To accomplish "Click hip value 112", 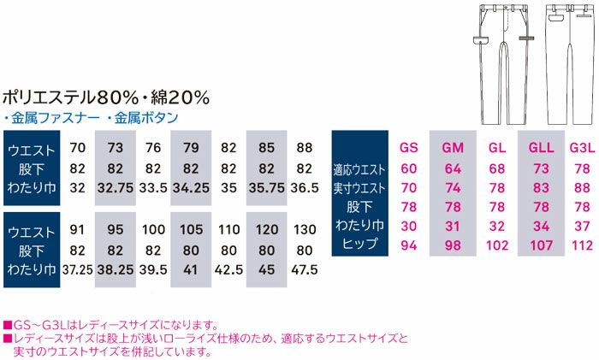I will tap(581, 243).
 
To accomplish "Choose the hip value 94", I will tap(409, 243).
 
